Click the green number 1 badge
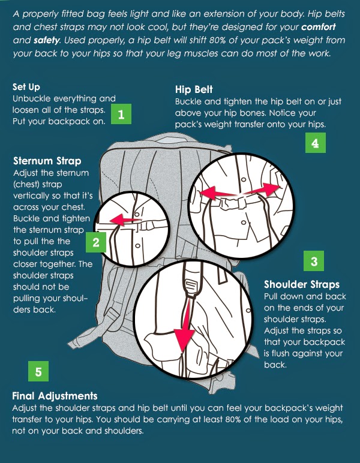point(121,114)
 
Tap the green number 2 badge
point(95,242)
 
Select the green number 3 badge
point(314,261)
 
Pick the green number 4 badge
point(315,143)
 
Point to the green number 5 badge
point(38,371)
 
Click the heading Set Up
point(26,87)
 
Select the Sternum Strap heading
point(47,161)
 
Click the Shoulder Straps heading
point(302,284)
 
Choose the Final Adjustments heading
point(55,396)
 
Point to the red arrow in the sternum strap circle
point(128,221)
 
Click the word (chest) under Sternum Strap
point(28,184)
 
